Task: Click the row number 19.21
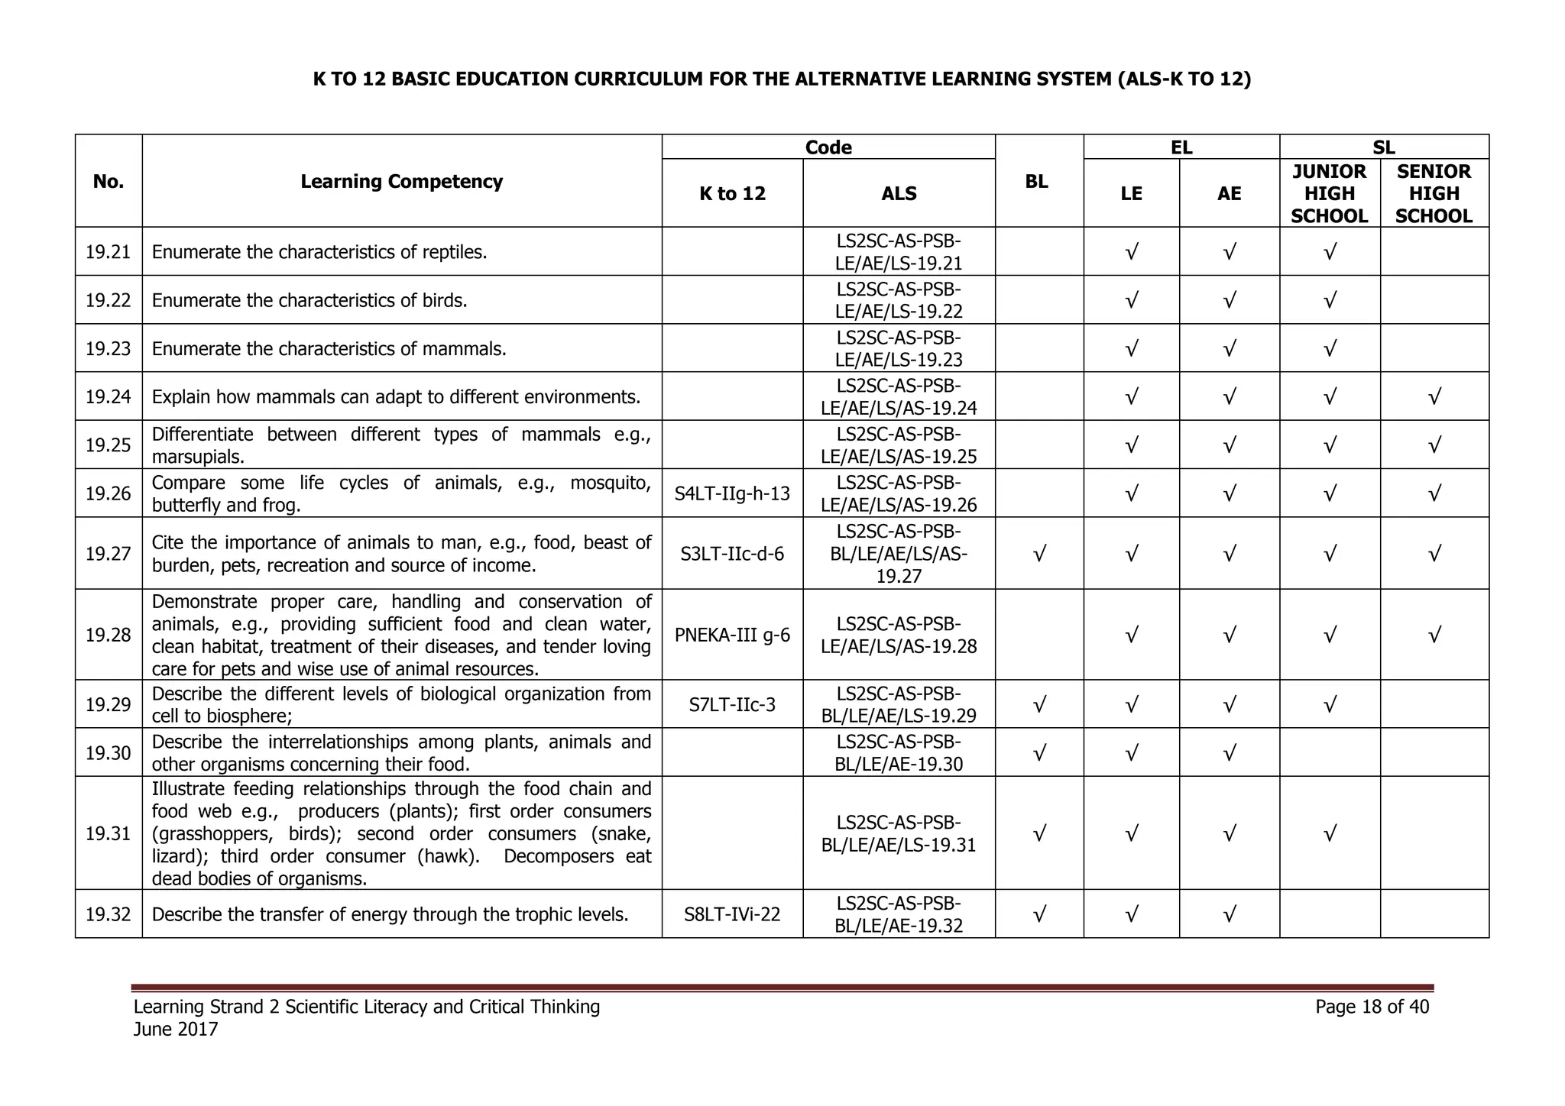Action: [108, 251]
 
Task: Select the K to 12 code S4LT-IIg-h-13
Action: [732, 493]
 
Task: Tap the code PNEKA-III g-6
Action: [732, 635]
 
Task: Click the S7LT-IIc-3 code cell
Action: [732, 704]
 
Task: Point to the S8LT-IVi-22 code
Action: [732, 914]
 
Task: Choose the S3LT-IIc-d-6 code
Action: [732, 554]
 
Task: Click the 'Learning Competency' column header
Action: [401, 182]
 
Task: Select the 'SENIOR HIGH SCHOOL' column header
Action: [1433, 194]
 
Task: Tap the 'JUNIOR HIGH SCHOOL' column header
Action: [1329, 194]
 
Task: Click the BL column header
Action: [1036, 182]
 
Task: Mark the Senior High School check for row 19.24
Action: [1434, 396]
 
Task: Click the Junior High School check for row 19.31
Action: [1330, 833]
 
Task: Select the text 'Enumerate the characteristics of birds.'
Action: [309, 300]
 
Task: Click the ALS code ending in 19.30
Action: [899, 753]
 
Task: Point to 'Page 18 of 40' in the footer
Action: [1372, 1007]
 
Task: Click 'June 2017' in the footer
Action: [176, 1030]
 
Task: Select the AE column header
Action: [1229, 194]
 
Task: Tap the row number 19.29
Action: [108, 704]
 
